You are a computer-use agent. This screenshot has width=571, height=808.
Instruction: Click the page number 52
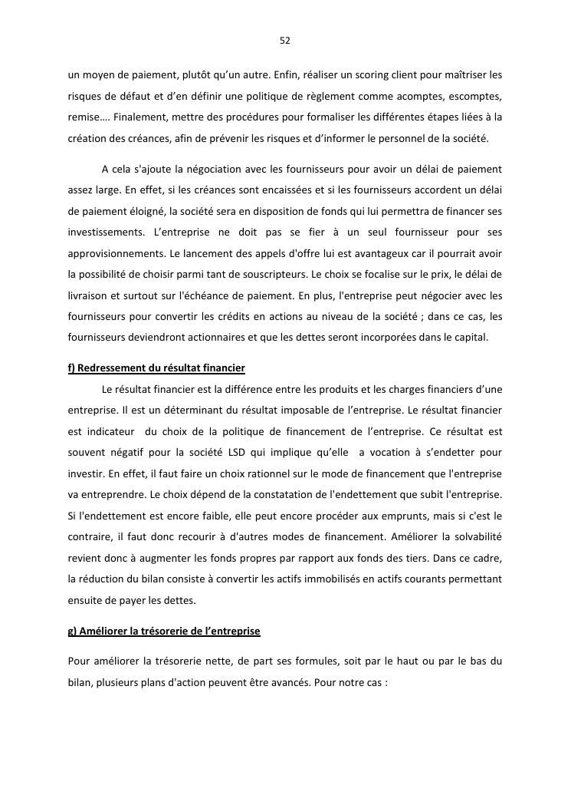(285, 40)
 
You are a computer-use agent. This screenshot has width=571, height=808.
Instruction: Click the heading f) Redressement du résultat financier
(156, 368)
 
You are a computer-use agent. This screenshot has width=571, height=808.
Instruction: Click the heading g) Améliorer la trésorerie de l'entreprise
(164, 631)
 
